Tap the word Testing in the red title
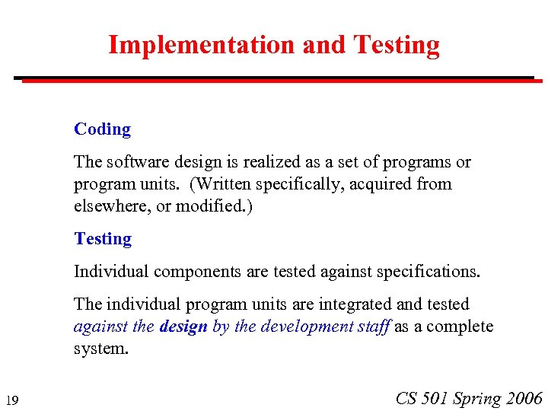397,46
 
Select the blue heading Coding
102,129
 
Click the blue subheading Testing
103,239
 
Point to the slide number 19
11,400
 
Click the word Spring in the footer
477,398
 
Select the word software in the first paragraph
133,162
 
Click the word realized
248,162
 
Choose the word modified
205,206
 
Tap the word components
193,271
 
